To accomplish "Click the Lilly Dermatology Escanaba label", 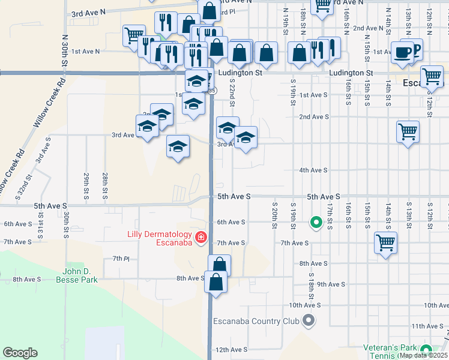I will (159, 238).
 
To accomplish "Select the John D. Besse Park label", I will (76, 275).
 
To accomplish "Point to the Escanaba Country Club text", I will (256, 321).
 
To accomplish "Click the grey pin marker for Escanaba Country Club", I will (309, 320).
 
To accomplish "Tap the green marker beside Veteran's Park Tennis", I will (426, 349).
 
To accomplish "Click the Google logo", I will (20, 353).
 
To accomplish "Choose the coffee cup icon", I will (402, 53).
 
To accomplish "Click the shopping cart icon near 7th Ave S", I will (385, 244).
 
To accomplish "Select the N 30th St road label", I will (65, 51).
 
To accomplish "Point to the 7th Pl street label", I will (121, 259).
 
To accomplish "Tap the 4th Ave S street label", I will (313, 170).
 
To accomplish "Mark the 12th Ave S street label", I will (231, 350).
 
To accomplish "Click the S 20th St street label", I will (274, 215).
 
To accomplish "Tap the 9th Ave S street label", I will (330, 284).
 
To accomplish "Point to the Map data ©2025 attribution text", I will (423, 355).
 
